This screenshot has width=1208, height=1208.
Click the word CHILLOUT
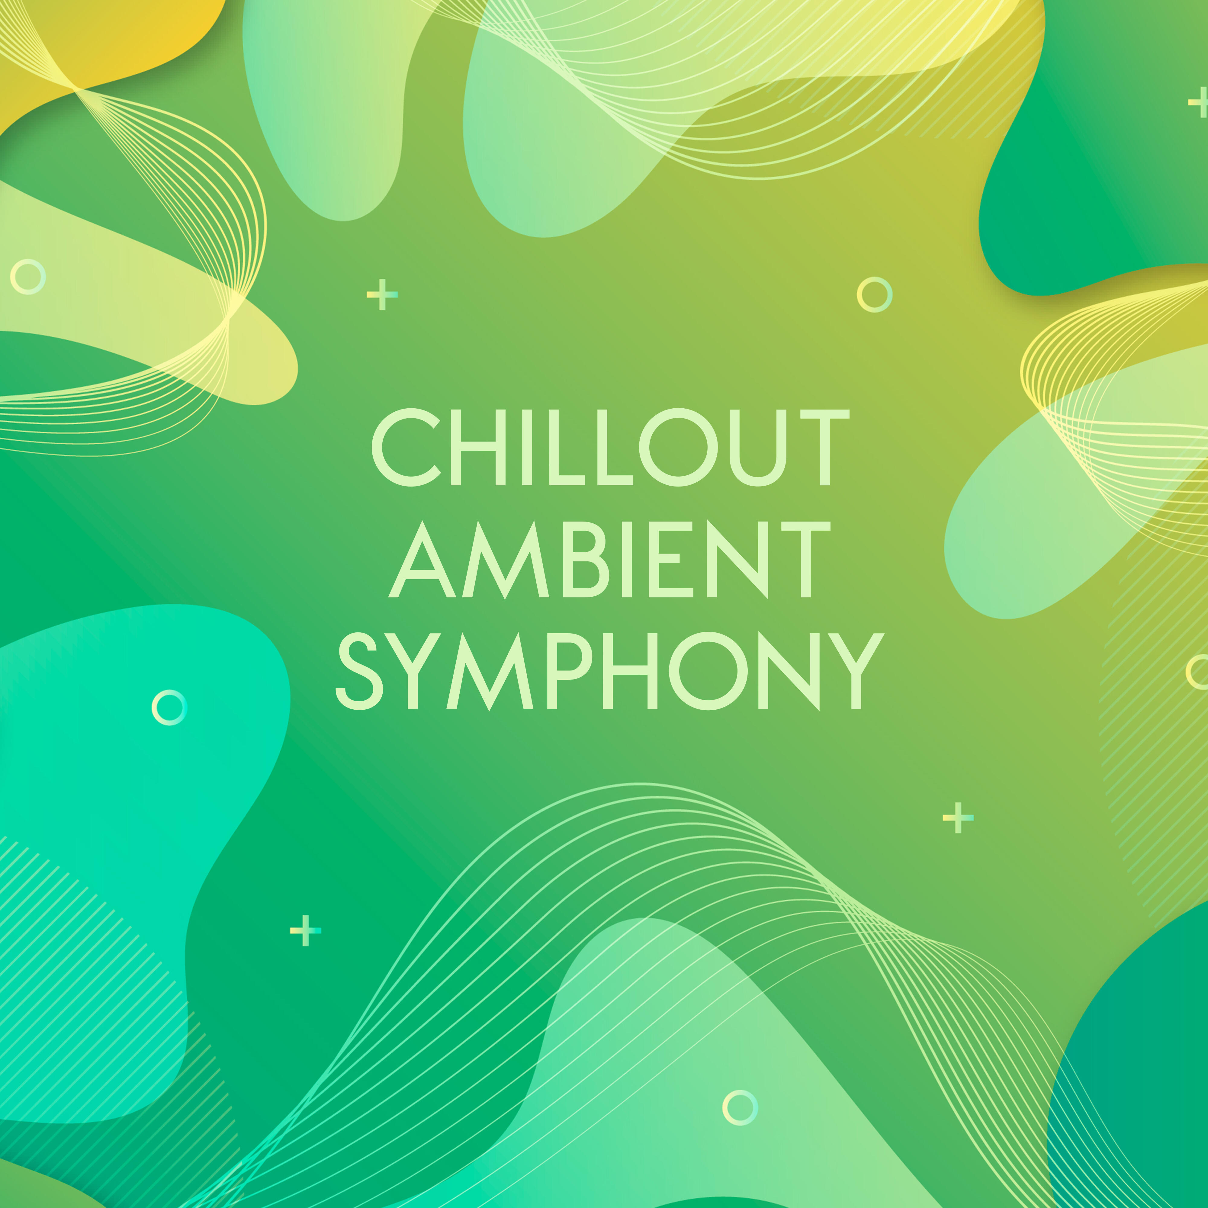pos(610,447)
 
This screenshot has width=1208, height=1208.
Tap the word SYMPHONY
pos(610,671)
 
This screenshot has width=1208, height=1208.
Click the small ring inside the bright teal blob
pos(169,707)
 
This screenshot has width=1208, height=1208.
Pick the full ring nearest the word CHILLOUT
pos(874,294)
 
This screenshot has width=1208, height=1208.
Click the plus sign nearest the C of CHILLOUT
pos(382,294)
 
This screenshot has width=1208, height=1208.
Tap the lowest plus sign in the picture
pos(305,930)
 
